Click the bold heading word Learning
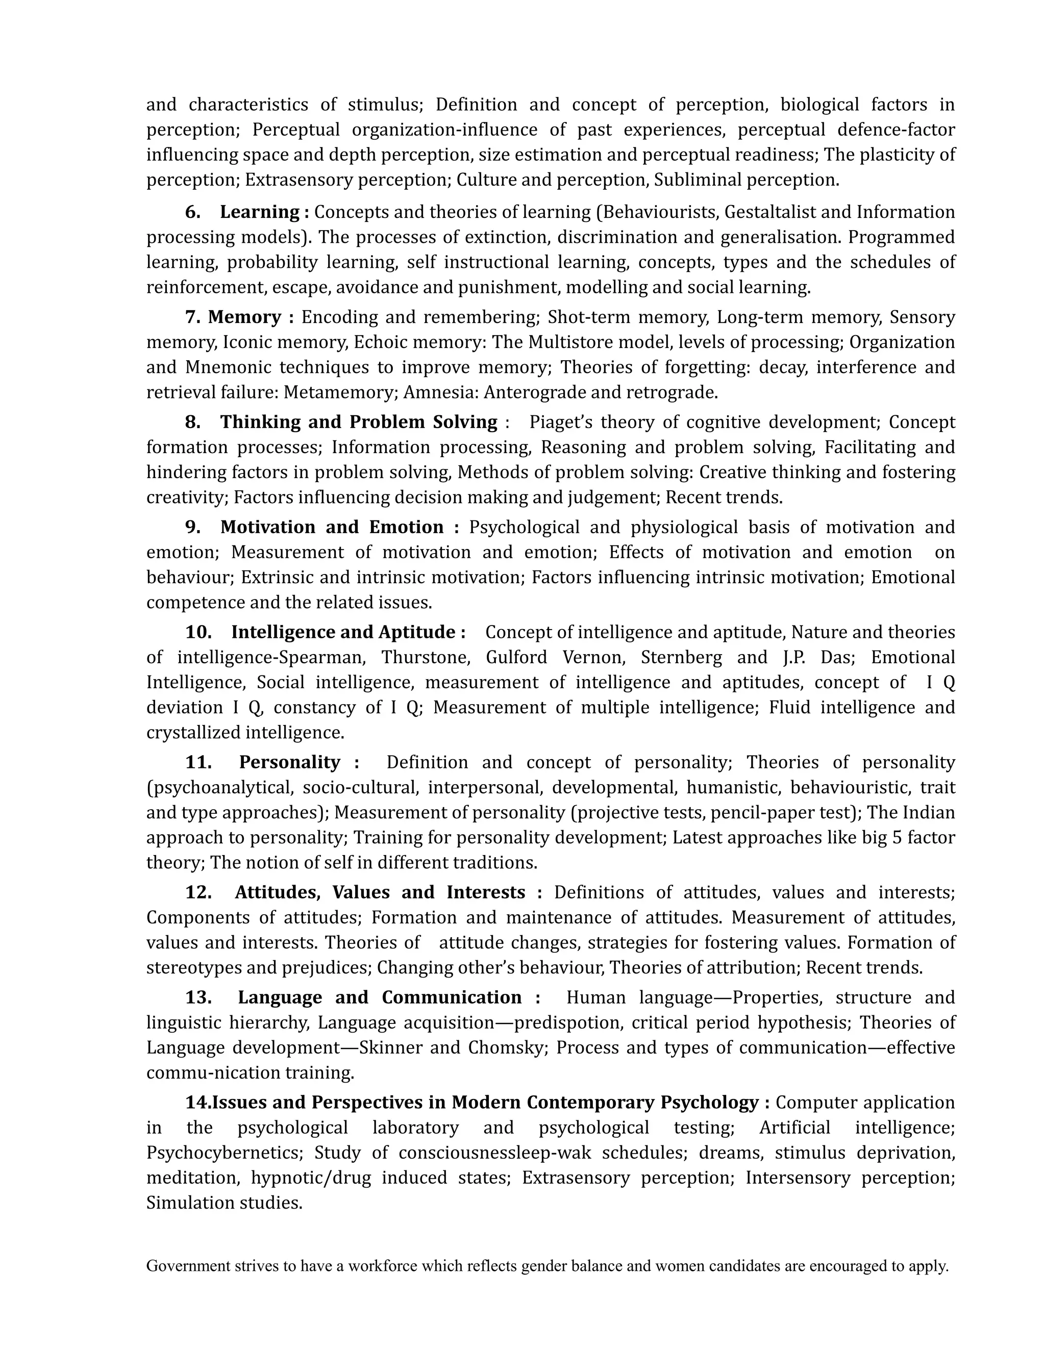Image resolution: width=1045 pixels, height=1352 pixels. tap(259, 212)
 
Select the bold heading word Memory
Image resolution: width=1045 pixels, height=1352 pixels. tap(244, 317)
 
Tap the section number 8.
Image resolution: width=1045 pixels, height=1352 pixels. tap(192, 422)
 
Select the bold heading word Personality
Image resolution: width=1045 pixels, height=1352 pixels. tap(289, 762)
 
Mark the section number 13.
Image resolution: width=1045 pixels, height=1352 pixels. tap(198, 997)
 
